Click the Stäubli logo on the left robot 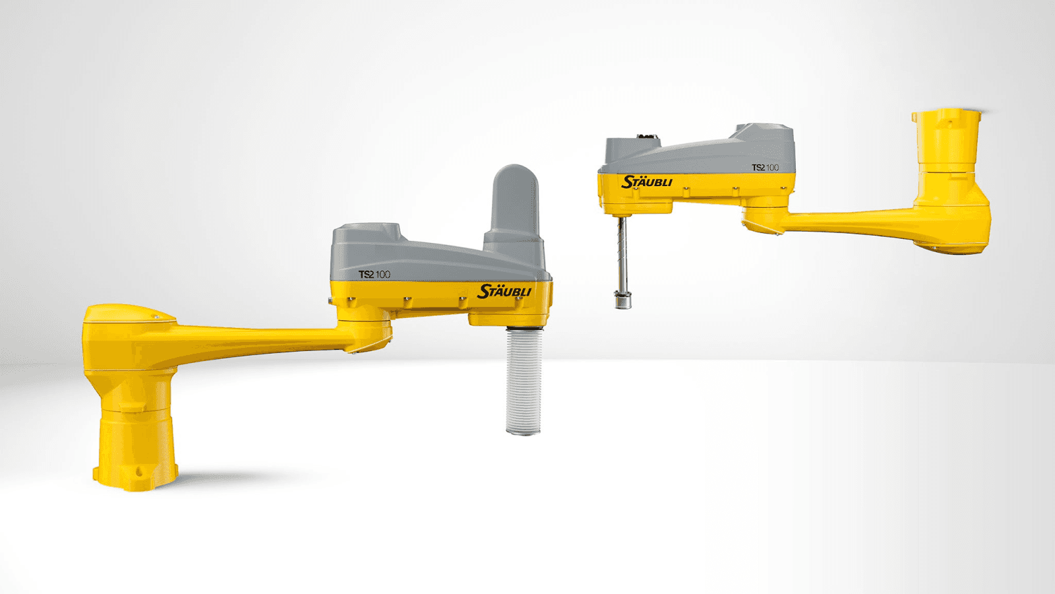point(504,291)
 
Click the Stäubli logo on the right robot point(647,182)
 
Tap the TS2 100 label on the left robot point(375,275)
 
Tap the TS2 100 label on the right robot point(765,168)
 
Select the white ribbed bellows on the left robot point(524,380)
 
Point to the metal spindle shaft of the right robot point(622,255)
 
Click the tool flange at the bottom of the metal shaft point(622,301)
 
